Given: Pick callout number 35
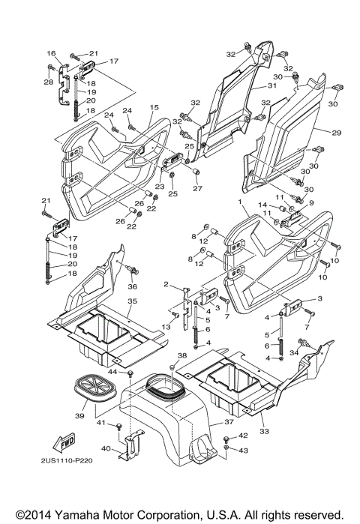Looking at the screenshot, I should pos(131,301).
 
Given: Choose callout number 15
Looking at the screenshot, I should pos(154,108).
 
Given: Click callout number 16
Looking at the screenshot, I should pos(52,53).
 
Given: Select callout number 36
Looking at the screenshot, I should pos(133,286).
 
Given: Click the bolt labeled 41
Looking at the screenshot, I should pos(118,427).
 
